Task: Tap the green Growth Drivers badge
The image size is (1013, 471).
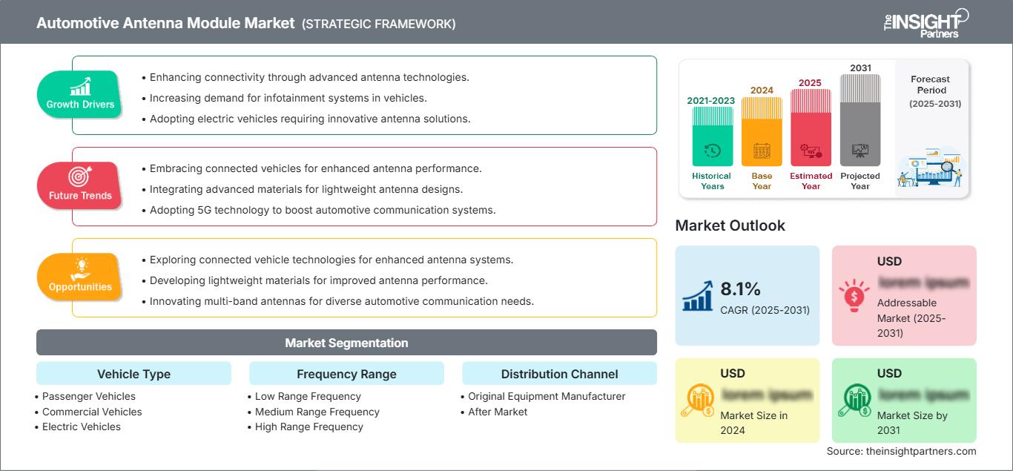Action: tap(79, 94)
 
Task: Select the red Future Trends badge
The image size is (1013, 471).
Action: tap(79, 185)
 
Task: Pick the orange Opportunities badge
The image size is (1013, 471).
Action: tap(79, 277)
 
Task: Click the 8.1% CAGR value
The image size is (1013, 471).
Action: tap(741, 289)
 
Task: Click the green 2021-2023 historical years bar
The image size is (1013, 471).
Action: tap(712, 136)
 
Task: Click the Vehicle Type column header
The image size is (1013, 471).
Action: tap(133, 374)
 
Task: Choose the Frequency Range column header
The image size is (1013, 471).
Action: tap(346, 374)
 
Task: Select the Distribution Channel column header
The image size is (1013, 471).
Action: tap(559, 374)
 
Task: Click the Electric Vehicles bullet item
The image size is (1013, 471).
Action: tap(81, 426)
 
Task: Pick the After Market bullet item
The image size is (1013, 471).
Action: tap(498, 412)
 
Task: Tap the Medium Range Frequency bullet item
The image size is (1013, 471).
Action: tap(317, 412)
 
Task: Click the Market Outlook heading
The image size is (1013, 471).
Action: tap(730, 225)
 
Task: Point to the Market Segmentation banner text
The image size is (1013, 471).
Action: tap(346, 343)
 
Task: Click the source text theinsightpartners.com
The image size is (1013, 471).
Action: tap(901, 451)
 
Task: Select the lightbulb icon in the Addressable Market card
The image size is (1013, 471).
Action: tap(853, 295)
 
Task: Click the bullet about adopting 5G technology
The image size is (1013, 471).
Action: tap(322, 210)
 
